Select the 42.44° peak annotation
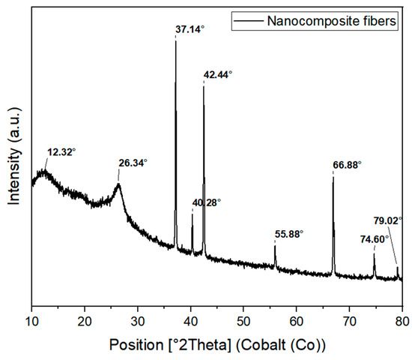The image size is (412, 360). [x=218, y=75]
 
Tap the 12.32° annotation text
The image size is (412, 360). [x=61, y=151]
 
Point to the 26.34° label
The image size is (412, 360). [x=133, y=162]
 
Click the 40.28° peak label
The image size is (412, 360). [x=207, y=202]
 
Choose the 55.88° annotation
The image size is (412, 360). [x=289, y=234]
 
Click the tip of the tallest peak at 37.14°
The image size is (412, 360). [x=175, y=40]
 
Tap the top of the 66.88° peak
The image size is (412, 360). [x=333, y=174]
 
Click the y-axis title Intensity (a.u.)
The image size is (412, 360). [x=13, y=162]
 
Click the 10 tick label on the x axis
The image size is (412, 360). [x=31, y=321]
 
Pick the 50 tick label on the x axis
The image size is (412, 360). [x=243, y=321]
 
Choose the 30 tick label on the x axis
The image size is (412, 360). [x=137, y=321]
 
